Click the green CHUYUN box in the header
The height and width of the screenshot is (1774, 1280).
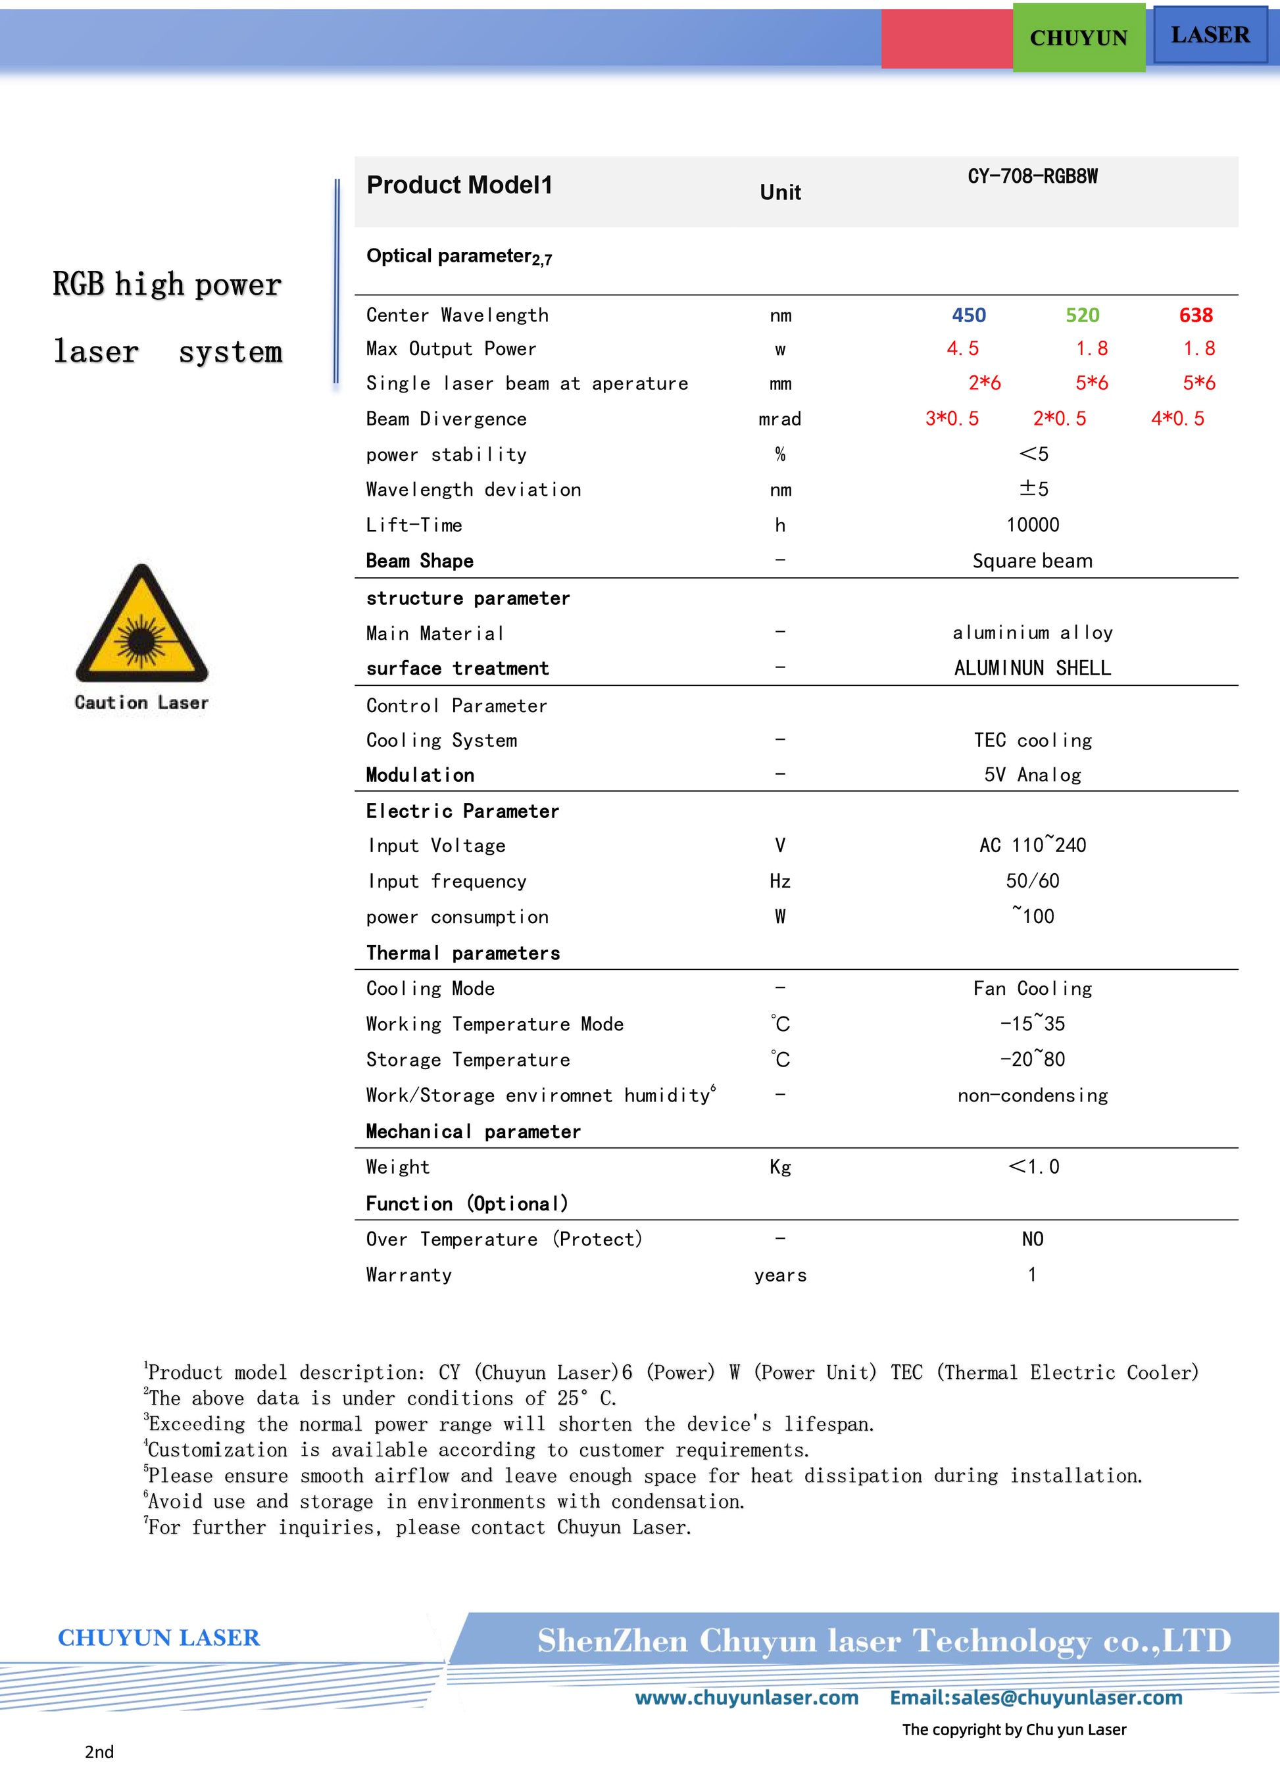[x=1078, y=37]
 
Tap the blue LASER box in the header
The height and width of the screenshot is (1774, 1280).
[x=1210, y=34]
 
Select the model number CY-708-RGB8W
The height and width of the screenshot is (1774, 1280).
[x=1032, y=176]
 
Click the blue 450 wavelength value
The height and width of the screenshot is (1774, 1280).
[x=969, y=315]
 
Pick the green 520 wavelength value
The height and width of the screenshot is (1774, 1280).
[x=1082, y=315]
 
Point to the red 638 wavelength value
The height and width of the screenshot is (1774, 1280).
[x=1196, y=315]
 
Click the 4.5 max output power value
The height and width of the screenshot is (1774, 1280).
[x=962, y=349]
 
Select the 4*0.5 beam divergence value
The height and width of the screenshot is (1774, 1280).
[x=1177, y=418]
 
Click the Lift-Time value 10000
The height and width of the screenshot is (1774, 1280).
[x=1032, y=525]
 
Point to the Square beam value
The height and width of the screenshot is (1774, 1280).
[x=1032, y=561]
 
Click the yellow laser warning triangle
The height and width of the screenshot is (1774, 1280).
[x=141, y=627]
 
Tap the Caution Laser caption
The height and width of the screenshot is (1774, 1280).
[x=141, y=702]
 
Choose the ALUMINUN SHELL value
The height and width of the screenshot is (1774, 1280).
[x=1032, y=668]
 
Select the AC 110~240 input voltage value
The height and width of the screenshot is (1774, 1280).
[x=1032, y=846]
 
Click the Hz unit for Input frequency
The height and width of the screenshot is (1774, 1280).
[x=780, y=882]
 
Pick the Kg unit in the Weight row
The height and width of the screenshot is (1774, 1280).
[x=780, y=1167]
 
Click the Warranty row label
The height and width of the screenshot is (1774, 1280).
[x=408, y=1275]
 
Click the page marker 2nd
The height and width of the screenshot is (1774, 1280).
[x=99, y=1752]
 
